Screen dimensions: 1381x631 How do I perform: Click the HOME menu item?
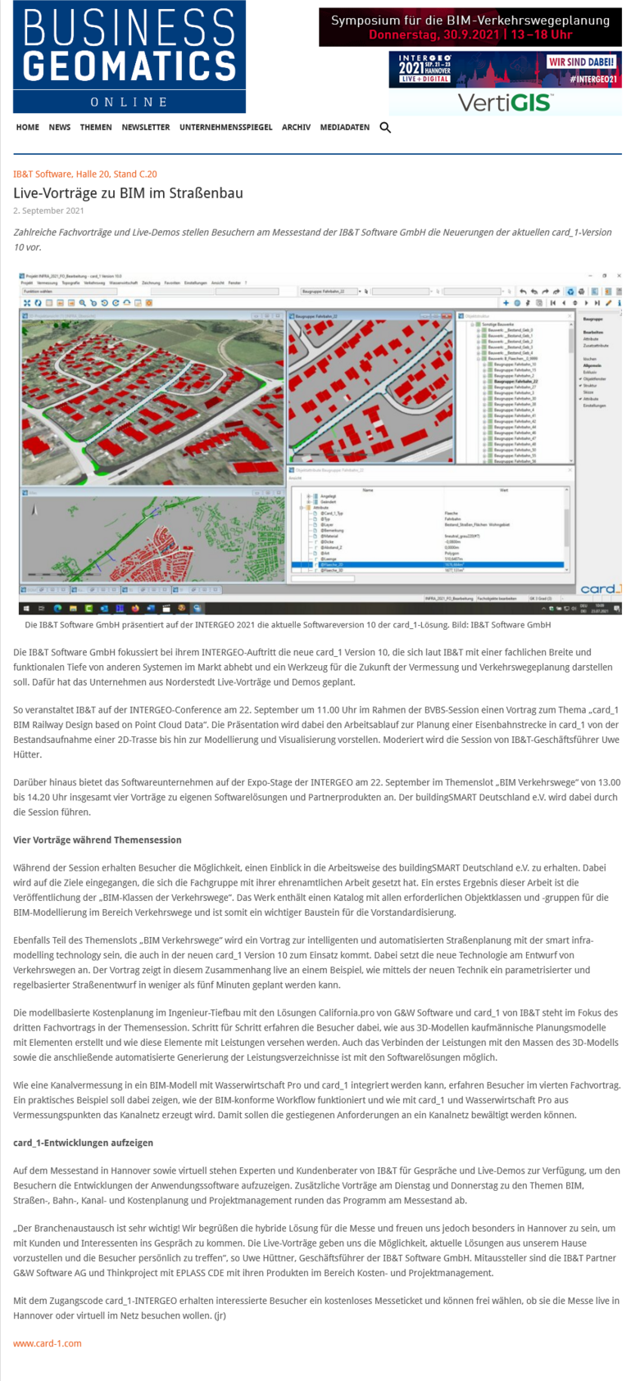coord(28,128)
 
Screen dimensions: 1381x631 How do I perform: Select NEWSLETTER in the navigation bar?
coord(146,128)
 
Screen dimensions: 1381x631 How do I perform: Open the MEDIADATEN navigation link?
coord(344,128)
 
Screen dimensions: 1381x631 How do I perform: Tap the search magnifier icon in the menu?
coord(385,128)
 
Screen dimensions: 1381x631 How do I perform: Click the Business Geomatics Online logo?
coord(129,57)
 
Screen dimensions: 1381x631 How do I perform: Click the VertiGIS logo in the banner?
coord(505,102)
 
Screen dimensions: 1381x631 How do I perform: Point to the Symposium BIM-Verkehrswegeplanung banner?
coord(470,27)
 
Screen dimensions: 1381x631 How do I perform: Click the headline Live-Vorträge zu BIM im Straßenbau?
coord(128,193)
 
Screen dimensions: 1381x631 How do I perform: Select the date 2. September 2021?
coord(48,211)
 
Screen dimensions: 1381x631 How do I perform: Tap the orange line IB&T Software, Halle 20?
coord(85,174)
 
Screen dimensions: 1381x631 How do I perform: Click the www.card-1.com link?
coord(48,1343)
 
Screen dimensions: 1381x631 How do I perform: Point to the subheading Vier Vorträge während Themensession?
coord(98,840)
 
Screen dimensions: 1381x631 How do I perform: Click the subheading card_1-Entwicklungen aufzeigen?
coord(83,1143)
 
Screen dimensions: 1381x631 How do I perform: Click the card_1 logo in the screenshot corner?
coord(600,589)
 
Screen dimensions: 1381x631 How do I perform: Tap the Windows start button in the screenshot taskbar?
coord(27,609)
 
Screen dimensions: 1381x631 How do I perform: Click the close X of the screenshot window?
coord(619,276)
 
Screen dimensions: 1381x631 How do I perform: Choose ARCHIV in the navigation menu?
coord(296,128)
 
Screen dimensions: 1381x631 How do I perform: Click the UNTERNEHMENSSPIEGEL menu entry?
coord(226,128)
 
